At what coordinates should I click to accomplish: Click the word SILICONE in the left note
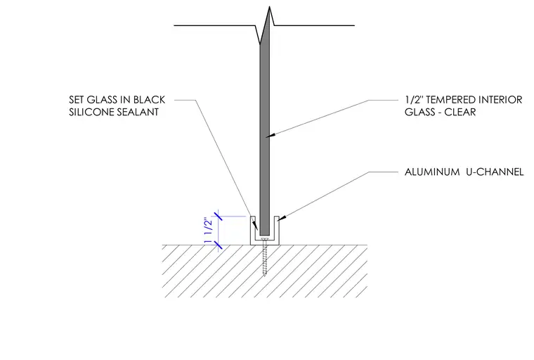[x=91, y=112]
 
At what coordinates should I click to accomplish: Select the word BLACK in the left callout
[x=149, y=100]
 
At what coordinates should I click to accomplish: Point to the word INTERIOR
[x=500, y=100]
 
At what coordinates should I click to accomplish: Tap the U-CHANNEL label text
[x=495, y=172]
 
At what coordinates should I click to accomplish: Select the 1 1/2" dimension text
[x=208, y=231]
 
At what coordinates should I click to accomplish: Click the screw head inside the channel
[x=265, y=240]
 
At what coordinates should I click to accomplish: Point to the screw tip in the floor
[x=265, y=275]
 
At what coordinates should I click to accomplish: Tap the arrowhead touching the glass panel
[x=271, y=135]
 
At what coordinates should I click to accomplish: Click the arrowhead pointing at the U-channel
[x=280, y=219]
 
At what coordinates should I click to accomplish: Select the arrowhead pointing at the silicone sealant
[x=256, y=226]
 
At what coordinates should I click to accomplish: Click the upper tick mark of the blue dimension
[x=218, y=216]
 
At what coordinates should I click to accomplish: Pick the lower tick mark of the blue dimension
[x=218, y=245]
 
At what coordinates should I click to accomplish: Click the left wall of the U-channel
[x=253, y=230]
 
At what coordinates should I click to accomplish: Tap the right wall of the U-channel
[x=277, y=230]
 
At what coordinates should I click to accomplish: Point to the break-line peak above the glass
[x=269, y=7]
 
